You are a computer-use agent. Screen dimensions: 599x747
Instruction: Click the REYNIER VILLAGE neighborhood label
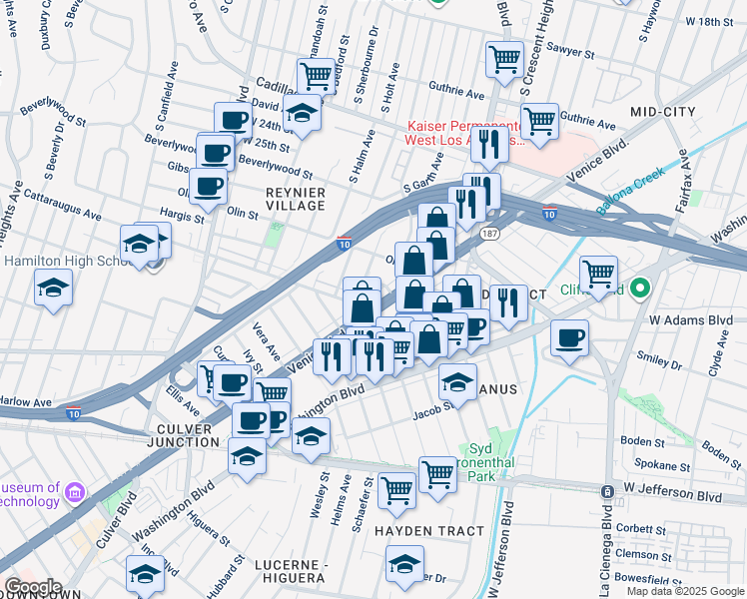tap(295, 198)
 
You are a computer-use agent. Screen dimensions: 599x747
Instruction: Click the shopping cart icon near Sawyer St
tap(504, 59)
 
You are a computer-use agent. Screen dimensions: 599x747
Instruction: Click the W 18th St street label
tap(710, 21)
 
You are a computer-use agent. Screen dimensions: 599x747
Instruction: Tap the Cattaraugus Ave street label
tap(62, 205)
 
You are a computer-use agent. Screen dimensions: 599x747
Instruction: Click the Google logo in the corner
tap(32, 587)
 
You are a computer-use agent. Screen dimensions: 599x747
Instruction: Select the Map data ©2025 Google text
tap(684, 591)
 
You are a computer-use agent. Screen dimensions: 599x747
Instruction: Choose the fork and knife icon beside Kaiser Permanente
tap(488, 145)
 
